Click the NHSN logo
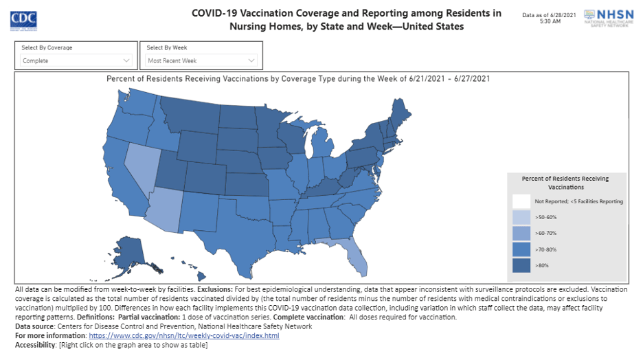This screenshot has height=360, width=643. (607, 17)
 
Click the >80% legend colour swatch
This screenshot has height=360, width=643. (521, 265)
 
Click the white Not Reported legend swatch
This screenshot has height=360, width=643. (521, 201)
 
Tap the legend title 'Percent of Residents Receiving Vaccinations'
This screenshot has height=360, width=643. (565, 182)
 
